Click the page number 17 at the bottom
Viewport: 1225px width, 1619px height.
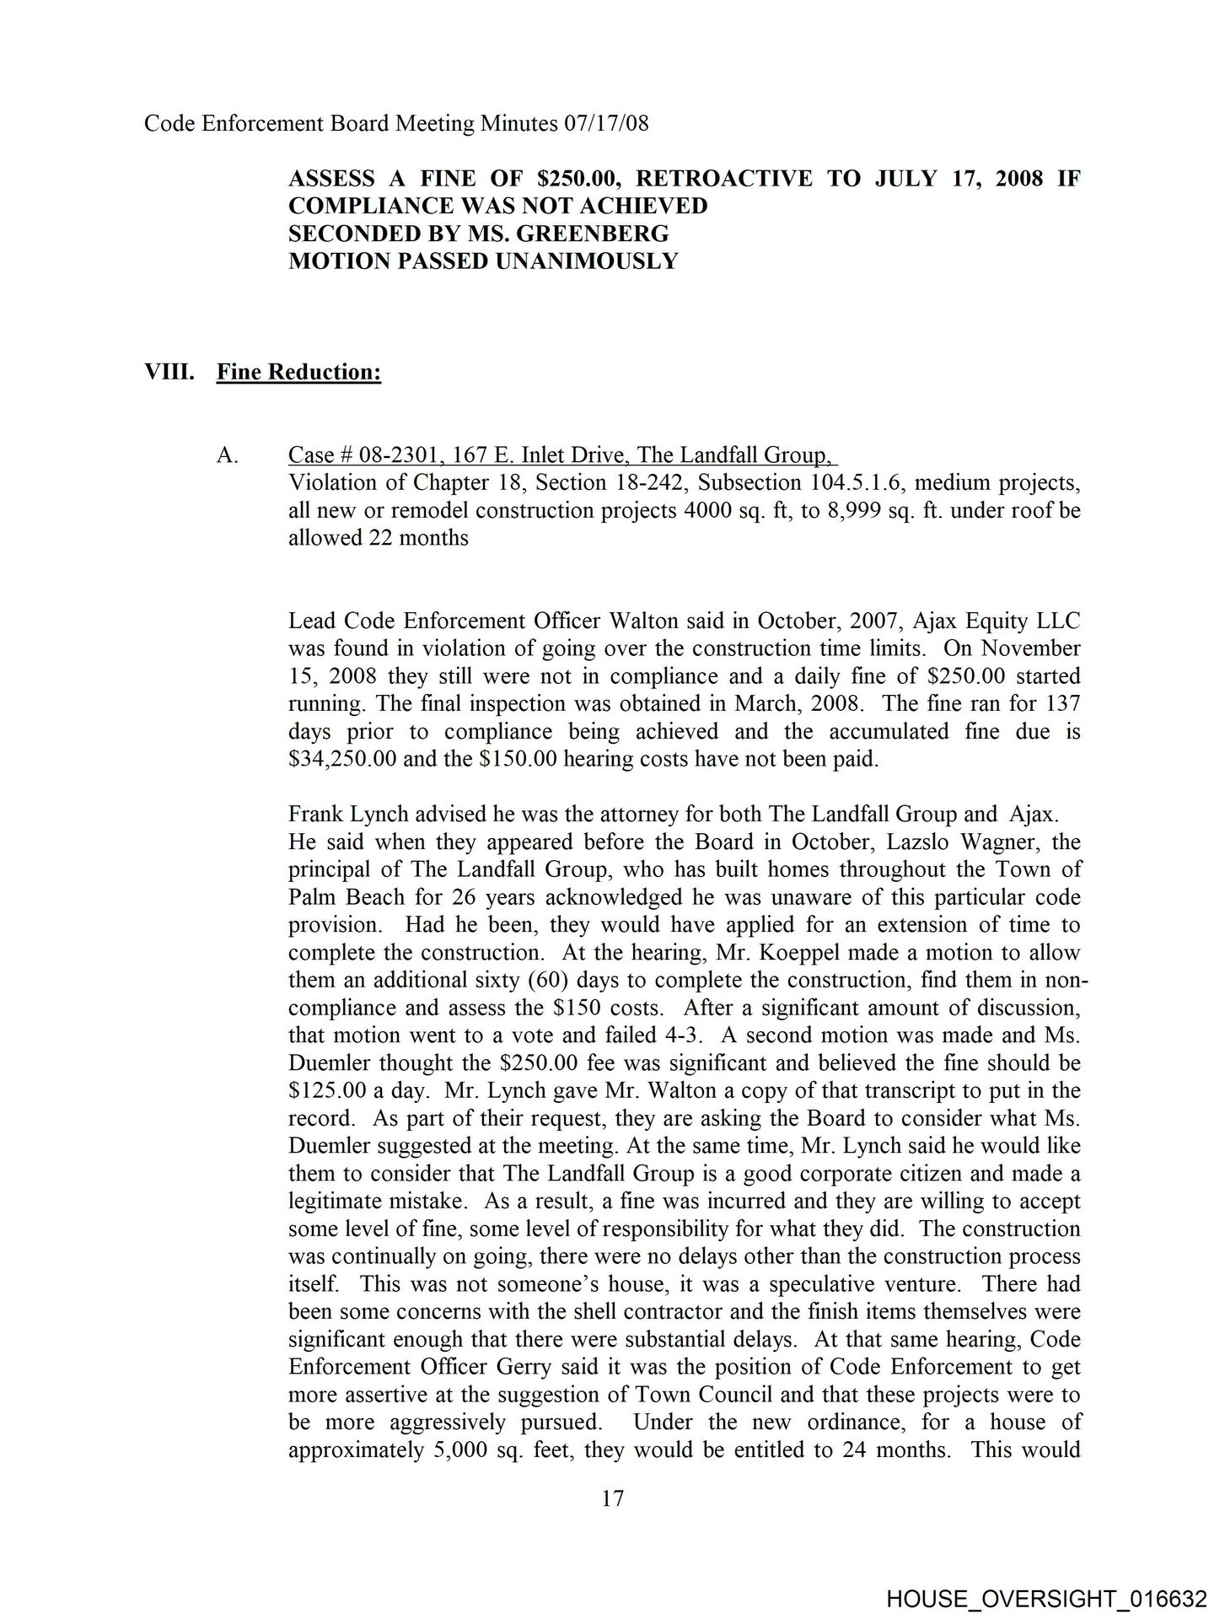pos(613,1498)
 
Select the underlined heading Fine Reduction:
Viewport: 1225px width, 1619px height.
pos(298,372)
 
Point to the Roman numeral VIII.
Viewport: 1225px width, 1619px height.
pos(169,372)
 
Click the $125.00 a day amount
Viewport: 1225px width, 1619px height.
pos(327,1090)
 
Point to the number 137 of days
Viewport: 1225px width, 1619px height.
pos(1062,703)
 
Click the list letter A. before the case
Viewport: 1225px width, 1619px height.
pos(228,455)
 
